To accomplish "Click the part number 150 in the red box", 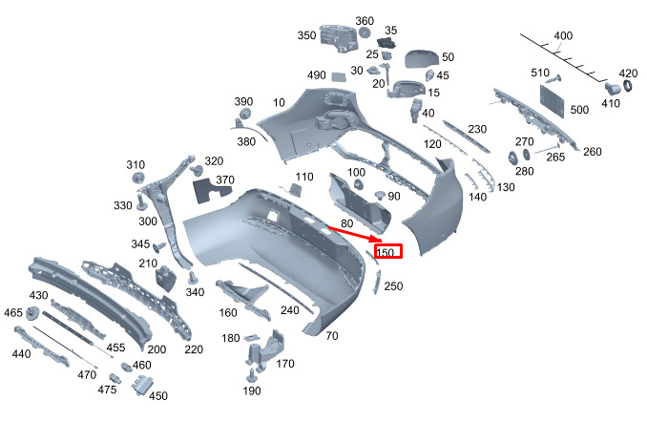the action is [x=386, y=252].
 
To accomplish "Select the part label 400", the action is [x=563, y=36].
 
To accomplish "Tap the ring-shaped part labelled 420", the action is [x=627, y=86].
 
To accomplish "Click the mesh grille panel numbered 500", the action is [x=552, y=101].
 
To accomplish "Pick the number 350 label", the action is [x=306, y=35].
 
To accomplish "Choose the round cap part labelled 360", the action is [x=364, y=32].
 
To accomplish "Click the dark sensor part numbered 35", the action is [x=386, y=43].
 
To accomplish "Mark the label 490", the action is [x=317, y=75].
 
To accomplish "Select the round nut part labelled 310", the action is [x=137, y=179].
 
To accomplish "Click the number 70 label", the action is [x=332, y=336].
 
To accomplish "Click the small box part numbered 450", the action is [x=141, y=386].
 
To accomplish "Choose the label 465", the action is [x=13, y=312].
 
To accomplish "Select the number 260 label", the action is [x=592, y=152].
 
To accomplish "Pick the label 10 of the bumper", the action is [x=279, y=102].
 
